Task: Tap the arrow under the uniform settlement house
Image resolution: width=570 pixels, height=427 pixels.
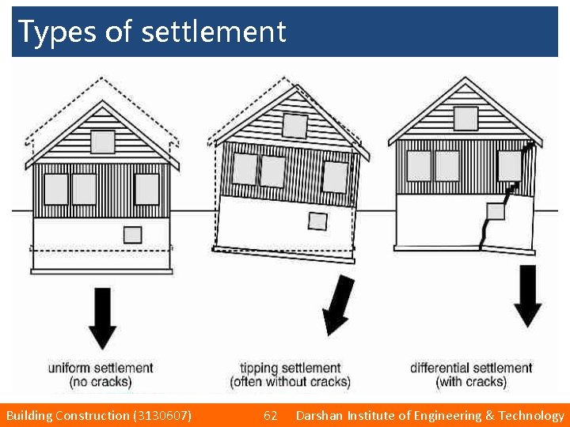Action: coord(102,316)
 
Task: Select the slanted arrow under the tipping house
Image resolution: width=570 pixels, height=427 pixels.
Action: coord(339,304)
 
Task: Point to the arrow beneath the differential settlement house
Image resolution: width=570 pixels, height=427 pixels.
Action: coord(528,295)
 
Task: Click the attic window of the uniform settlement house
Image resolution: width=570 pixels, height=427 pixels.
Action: coord(102,142)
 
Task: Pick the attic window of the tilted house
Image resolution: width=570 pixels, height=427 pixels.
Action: coord(294,125)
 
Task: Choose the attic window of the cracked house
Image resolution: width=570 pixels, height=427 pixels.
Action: coord(465,119)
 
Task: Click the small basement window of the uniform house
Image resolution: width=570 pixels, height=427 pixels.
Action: coord(132,235)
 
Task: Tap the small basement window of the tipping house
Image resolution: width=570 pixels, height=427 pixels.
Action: coord(317,221)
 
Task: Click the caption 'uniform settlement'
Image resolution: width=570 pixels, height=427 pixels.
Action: coord(101,368)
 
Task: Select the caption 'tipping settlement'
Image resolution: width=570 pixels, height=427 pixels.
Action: coord(290,368)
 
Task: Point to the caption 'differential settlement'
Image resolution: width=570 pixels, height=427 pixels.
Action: coord(471,368)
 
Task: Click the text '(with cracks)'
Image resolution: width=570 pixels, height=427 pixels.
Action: coord(471,382)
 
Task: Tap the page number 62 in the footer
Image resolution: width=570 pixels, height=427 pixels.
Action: coord(270,415)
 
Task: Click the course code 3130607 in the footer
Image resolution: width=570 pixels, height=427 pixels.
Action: coord(161,415)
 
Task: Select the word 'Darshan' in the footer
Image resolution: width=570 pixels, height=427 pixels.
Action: coord(317,415)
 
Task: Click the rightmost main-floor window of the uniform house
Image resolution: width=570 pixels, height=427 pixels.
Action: coord(146,189)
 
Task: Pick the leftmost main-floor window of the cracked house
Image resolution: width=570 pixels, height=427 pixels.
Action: coord(419,166)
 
